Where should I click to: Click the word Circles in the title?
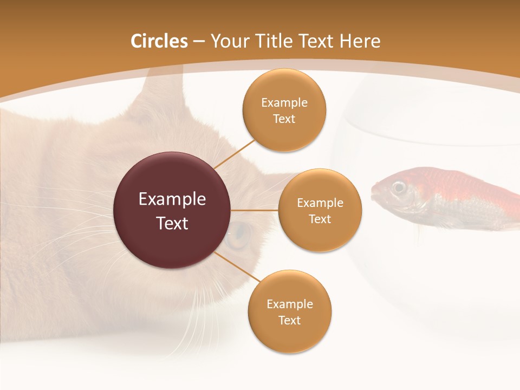(x=159, y=41)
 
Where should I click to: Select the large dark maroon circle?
(x=172, y=210)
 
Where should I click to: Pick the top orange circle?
(x=284, y=110)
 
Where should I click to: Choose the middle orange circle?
(x=320, y=210)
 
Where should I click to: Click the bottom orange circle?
(x=290, y=311)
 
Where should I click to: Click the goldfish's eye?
(x=399, y=187)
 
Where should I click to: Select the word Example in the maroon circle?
(x=172, y=199)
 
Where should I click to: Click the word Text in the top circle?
(x=284, y=119)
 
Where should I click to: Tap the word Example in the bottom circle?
(x=290, y=304)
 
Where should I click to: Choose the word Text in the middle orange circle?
(x=320, y=219)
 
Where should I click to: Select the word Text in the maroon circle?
(x=172, y=223)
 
